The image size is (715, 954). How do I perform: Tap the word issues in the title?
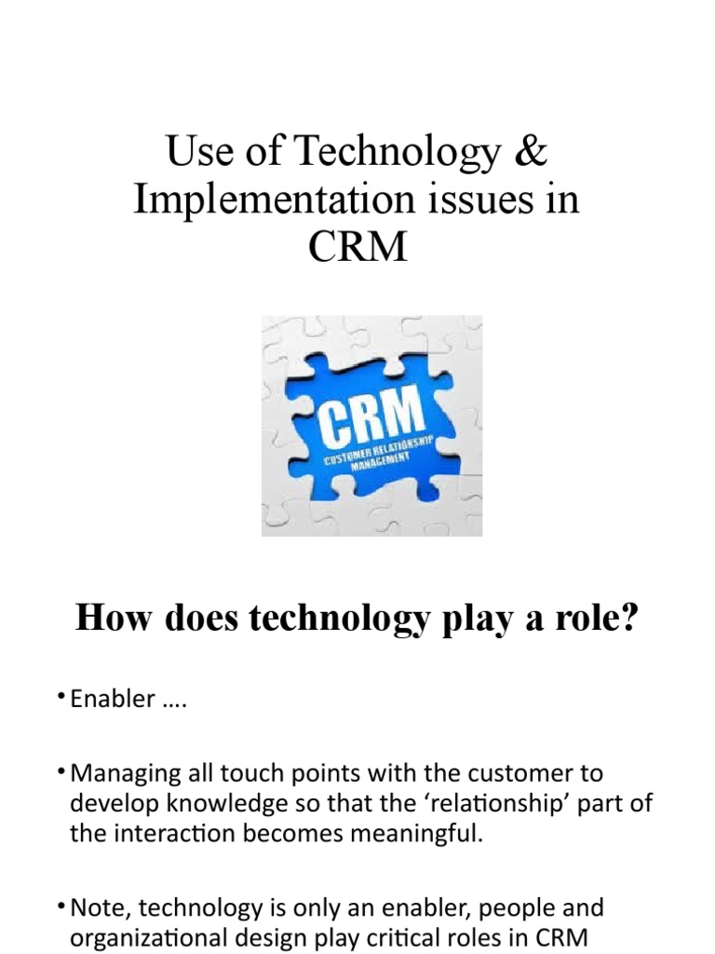(469, 201)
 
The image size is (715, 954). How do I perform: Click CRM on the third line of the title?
(357, 247)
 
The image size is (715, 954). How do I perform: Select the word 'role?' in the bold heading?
(591, 618)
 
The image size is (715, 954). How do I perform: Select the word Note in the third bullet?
(96, 907)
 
